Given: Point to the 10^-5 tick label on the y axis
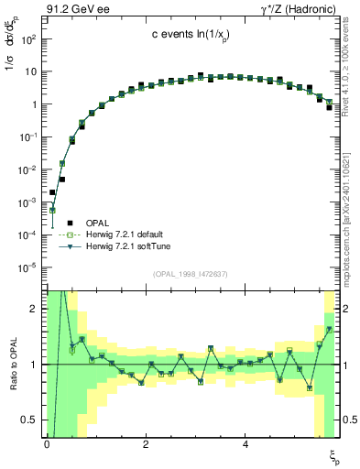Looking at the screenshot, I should click(27, 267).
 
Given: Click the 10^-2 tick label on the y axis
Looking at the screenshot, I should click(27, 169).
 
